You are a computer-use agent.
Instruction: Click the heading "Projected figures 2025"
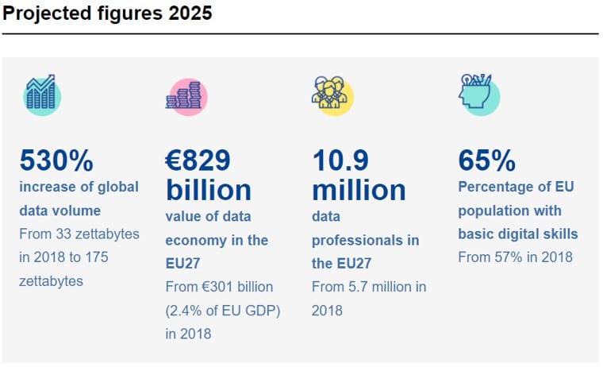coord(107,14)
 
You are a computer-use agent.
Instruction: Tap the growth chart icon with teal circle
coord(40,93)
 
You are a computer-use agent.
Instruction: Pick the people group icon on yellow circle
coord(332,95)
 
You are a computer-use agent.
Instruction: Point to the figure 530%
coord(56,161)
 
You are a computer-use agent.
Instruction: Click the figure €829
coord(198,161)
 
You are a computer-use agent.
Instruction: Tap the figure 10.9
coord(340,161)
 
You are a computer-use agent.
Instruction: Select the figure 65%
coord(486,161)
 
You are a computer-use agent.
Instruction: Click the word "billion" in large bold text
coord(208,190)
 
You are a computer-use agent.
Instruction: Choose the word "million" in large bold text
coord(359,190)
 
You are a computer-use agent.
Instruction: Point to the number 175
coord(94,257)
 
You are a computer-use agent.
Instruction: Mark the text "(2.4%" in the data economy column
coord(185,310)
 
